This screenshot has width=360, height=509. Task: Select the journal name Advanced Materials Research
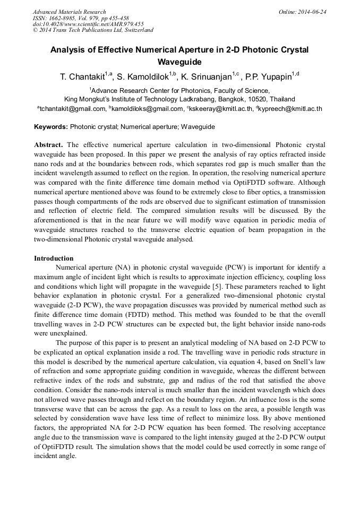click(x=69, y=12)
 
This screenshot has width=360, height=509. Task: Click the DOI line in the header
click(x=88, y=24)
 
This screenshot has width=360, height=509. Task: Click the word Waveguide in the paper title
click(x=179, y=62)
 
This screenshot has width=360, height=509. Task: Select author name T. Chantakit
click(x=81, y=77)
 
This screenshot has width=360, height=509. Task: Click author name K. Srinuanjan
click(x=203, y=77)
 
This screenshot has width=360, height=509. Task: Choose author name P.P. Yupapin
click(x=267, y=77)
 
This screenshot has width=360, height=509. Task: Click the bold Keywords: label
click(x=51, y=127)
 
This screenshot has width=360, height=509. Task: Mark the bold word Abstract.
click(x=48, y=145)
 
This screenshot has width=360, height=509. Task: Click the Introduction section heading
click(x=54, y=258)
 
